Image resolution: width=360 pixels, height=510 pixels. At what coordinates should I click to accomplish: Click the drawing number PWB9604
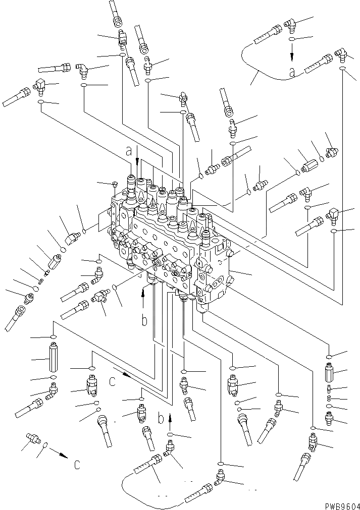click(338, 504)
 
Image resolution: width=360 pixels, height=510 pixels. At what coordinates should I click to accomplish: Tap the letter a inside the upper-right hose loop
click(291, 73)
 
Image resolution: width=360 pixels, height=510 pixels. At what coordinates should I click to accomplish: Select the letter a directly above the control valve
click(129, 150)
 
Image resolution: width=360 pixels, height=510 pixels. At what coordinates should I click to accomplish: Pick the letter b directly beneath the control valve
click(144, 320)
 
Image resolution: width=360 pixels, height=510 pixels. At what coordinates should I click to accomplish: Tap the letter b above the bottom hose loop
click(160, 418)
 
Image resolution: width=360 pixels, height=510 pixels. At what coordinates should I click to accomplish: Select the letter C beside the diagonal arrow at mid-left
click(113, 382)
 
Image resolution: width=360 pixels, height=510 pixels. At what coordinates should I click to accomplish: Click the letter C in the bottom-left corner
click(76, 465)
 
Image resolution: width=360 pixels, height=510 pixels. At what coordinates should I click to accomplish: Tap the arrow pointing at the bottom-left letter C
click(60, 455)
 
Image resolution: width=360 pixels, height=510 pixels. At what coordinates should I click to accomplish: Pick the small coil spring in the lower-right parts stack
click(329, 399)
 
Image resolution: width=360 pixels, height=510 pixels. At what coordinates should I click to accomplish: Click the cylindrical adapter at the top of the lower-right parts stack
click(329, 374)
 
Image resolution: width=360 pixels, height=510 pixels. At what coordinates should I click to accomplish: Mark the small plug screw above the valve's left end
click(115, 184)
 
